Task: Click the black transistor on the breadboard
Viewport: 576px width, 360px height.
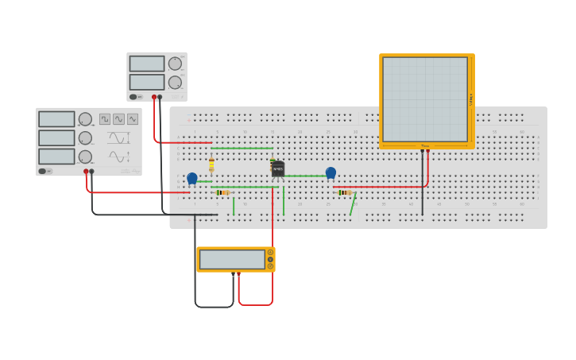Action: point(277,168)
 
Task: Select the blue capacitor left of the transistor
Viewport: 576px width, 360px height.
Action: point(192,178)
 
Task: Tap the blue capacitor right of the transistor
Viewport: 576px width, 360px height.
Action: point(331,172)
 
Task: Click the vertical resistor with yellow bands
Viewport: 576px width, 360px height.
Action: point(211,165)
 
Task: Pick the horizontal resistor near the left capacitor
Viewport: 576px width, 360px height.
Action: point(223,192)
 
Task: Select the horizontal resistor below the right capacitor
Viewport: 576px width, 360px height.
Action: point(345,192)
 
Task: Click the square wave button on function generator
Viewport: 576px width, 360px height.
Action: point(105,119)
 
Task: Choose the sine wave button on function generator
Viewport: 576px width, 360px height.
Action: point(118,119)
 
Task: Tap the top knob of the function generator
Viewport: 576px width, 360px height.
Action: point(85,119)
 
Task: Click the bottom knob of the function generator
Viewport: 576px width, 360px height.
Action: point(85,157)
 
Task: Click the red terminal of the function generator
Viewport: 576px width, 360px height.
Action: point(86,171)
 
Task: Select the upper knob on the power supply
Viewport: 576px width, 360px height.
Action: point(175,64)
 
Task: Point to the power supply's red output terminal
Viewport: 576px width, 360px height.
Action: point(154,97)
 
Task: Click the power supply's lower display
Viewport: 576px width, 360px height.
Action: point(146,82)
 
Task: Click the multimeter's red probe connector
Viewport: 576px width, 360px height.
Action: point(238,274)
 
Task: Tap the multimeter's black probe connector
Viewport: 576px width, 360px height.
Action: point(234,274)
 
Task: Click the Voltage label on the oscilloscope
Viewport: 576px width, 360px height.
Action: point(471,99)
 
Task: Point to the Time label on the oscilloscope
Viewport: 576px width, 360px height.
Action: point(426,145)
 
